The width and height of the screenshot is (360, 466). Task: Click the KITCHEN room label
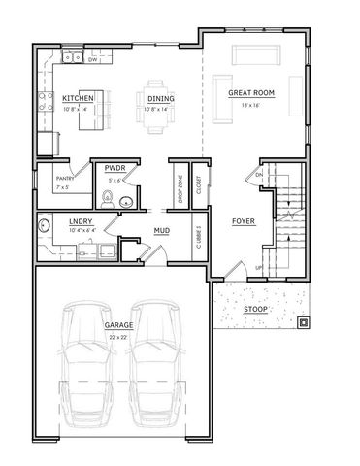tap(78, 99)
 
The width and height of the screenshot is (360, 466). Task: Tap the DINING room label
tap(160, 99)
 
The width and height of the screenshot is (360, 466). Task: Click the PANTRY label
tap(65, 178)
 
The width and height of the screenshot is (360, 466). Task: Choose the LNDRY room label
tap(81, 221)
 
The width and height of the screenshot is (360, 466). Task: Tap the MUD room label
tap(162, 230)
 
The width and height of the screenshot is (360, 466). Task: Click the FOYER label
tap(243, 221)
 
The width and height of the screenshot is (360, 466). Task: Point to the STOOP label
tap(255, 309)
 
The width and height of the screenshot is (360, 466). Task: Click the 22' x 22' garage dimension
tap(118, 337)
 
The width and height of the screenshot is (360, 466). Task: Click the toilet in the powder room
tap(109, 201)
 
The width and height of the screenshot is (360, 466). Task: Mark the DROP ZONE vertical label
tap(180, 183)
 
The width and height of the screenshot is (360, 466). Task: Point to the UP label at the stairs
tap(257, 266)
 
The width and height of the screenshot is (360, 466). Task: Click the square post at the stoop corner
tap(304, 323)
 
